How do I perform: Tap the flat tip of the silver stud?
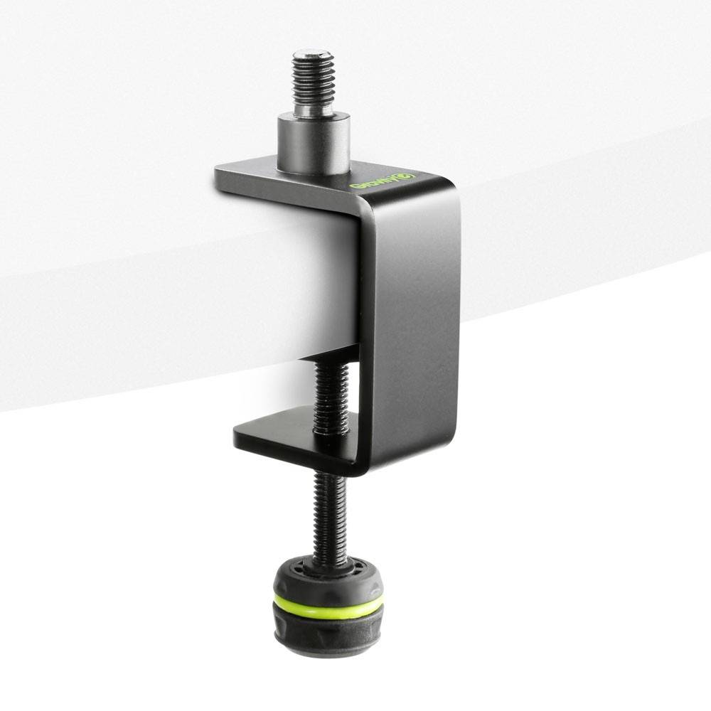313,54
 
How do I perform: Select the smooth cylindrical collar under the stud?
313,146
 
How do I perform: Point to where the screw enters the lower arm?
331,431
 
